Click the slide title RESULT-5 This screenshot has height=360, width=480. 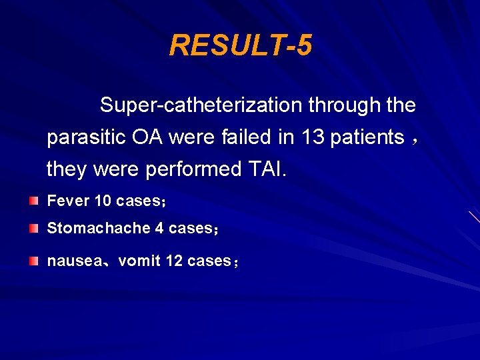(x=240, y=46)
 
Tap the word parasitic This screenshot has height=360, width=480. (x=87, y=138)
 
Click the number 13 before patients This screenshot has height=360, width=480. (x=313, y=137)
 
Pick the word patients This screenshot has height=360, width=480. (x=367, y=137)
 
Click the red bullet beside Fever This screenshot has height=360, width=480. (x=33, y=200)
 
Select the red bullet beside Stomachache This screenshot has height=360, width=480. (x=33, y=229)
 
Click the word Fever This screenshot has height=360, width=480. (x=68, y=201)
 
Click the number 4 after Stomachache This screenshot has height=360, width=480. (x=159, y=229)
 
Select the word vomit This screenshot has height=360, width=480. (x=139, y=261)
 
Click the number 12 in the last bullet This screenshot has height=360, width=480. (x=174, y=261)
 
